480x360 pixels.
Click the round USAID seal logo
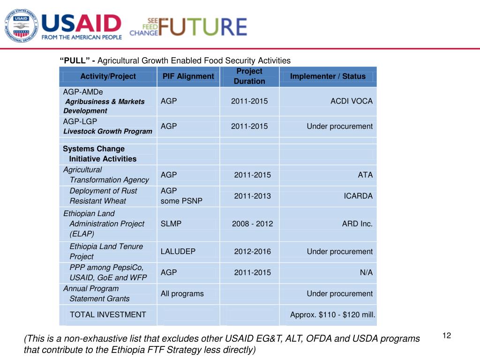point(22,26)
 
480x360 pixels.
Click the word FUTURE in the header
point(202,27)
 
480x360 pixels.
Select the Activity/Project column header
point(108,76)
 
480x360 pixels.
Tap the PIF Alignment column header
point(188,76)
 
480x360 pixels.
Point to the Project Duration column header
point(249,76)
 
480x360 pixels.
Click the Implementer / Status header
point(328,76)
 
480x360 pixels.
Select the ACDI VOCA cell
point(352,101)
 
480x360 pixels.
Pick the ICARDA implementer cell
point(358,196)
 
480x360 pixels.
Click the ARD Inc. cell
point(357,224)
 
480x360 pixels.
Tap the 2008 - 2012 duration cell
point(252,224)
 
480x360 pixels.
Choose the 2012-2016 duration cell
point(252,252)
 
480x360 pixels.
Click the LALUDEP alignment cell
point(178,252)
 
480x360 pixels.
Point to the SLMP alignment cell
point(171,224)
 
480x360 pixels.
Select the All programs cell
point(182,294)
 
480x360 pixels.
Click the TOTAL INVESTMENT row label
point(108,315)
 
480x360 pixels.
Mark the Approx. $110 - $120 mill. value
point(333,315)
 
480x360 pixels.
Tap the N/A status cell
point(366,273)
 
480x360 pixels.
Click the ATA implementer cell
point(365,175)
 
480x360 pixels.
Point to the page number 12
point(446,335)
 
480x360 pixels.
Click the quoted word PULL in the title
point(74,60)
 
